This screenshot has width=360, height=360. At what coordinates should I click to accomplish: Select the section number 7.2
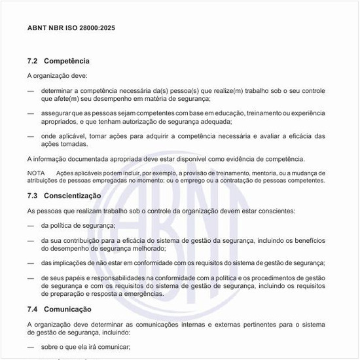coord(33,61)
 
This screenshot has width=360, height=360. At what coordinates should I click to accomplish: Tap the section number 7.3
coord(33,196)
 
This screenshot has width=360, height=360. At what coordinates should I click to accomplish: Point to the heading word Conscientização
coord(73,196)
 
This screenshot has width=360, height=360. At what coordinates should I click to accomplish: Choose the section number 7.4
coord(33,309)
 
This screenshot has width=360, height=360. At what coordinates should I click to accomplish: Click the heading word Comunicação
coord(68,309)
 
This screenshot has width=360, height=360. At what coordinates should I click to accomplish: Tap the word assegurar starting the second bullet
coord(56,113)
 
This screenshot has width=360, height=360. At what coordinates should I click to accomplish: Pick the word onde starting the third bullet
coord(48,136)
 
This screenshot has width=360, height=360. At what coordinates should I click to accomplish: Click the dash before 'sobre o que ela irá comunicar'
coord(31,347)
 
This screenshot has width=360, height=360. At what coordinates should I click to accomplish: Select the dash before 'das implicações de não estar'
coord(31,263)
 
